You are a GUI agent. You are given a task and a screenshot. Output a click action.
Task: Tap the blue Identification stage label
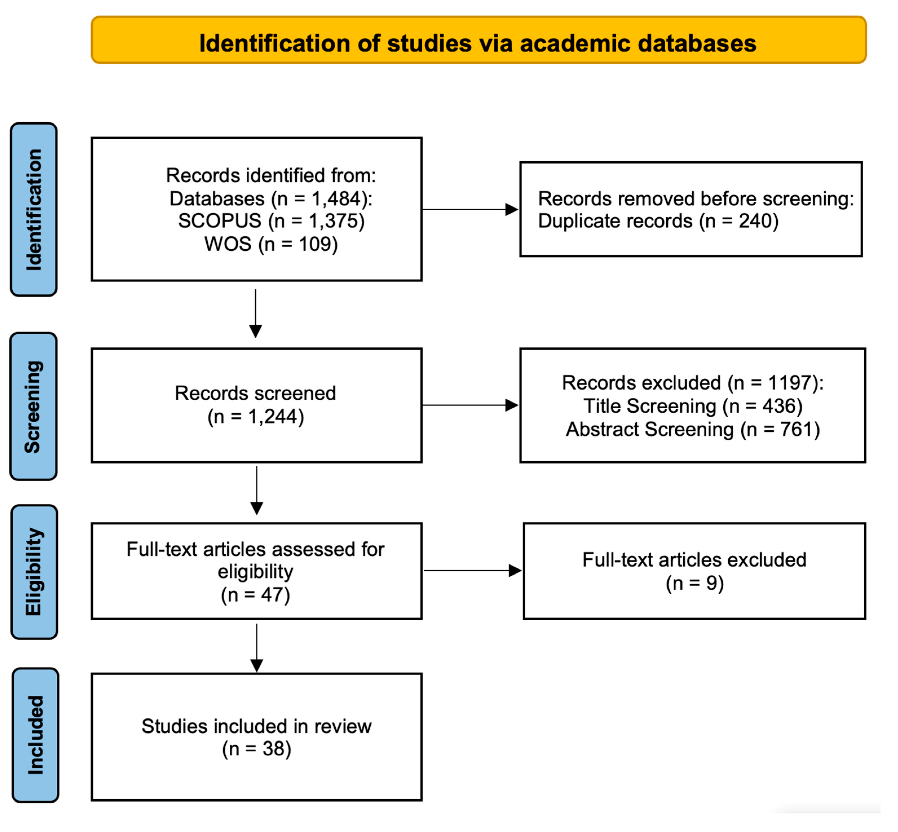coord(34,209)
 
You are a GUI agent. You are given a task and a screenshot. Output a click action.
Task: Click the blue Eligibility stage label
coord(34,572)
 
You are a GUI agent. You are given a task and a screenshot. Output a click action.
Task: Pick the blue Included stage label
coord(35,735)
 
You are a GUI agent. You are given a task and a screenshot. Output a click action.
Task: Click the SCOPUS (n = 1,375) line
coord(271,221)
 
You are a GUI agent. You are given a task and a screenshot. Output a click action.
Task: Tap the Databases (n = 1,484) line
coord(271,198)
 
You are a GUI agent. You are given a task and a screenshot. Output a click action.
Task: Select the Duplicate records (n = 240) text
coord(658,221)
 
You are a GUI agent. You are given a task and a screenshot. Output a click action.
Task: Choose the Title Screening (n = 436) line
coord(693,406)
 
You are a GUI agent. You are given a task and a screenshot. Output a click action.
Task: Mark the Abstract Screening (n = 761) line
coord(693,429)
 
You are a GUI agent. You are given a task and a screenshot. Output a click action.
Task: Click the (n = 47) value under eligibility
coord(255,595)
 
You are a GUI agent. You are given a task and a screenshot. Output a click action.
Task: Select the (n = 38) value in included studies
coord(256,749)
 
